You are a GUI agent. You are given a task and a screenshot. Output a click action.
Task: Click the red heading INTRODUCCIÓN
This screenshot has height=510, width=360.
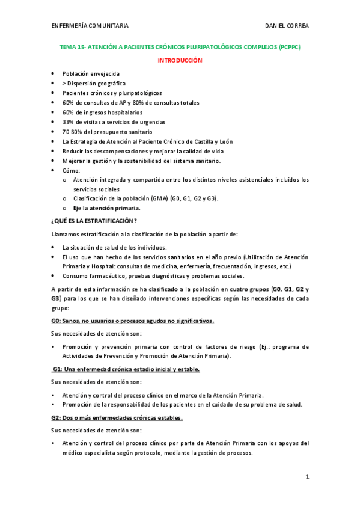tap(180, 61)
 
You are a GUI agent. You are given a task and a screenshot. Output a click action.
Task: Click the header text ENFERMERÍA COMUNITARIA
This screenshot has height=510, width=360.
tap(90, 26)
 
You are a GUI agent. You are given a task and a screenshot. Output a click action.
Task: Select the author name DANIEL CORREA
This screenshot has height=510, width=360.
tap(287, 26)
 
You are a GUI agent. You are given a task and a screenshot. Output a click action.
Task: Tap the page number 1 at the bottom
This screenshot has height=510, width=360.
tap(307, 476)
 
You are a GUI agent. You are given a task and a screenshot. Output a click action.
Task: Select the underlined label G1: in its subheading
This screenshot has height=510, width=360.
tap(58, 369)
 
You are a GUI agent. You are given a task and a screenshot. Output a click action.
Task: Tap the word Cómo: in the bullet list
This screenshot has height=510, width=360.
tap(71, 170)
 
